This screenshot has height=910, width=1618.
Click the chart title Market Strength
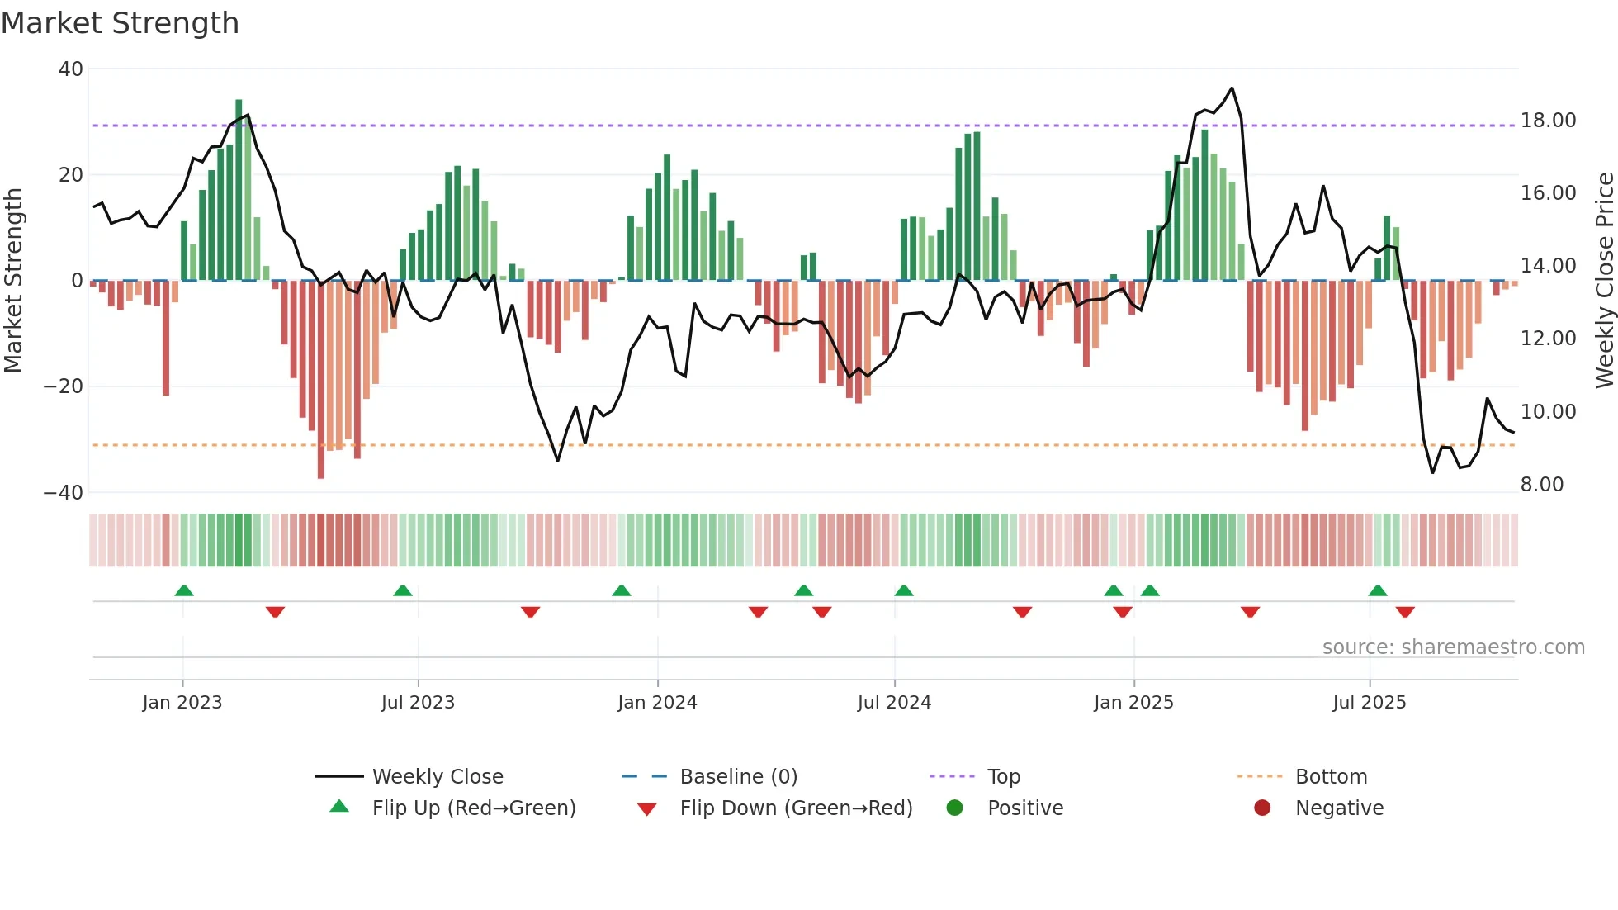pos(120,23)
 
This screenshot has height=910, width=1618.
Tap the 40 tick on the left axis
pos(71,69)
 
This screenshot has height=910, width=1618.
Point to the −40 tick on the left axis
pos(64,493)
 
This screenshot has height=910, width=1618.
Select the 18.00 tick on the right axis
pos(1548,121)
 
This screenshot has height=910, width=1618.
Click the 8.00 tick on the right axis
pos(1541,485)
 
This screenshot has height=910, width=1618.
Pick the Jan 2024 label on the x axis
pos(657,703)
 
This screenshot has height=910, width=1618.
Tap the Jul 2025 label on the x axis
pos(1369,703)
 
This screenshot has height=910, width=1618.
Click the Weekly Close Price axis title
pos(1604,280)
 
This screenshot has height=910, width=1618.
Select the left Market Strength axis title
pos(14,280)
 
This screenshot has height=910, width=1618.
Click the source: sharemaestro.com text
pos(1453,647)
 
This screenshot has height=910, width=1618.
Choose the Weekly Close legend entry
pos(437,777)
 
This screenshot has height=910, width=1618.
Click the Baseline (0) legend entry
pos(738,777)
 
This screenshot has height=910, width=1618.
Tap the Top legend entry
pos(1003,777)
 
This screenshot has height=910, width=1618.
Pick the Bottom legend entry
pos(1331,777)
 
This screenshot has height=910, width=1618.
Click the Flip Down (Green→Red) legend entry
pos(796,808)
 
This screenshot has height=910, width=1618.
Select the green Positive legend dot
pos(954,808)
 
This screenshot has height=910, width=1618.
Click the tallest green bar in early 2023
pos(239,190)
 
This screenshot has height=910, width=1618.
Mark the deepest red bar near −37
pos(321,380)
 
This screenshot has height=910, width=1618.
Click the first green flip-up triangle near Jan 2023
pos(184,590)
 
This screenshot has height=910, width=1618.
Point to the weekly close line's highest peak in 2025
pos(1232,88)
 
